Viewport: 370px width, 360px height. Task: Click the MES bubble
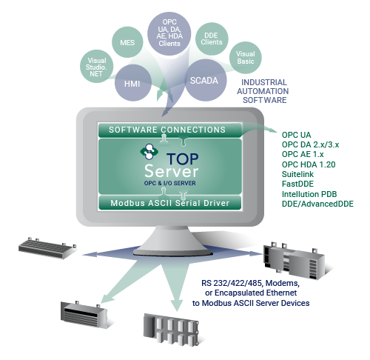(x=127, y=42)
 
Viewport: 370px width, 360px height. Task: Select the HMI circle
(x=133, y=83)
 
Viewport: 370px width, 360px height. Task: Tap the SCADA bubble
(x=206, y=80)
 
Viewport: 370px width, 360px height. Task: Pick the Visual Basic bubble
(x=246, y=58)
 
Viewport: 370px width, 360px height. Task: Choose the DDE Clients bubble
(x=212, y=39)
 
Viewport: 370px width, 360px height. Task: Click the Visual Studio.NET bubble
(x=97, y=66)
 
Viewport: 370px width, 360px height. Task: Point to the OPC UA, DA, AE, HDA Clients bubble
(x=169, y=33)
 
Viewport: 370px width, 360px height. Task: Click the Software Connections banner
(x=169, y=130)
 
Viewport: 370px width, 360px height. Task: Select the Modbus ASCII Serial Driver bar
(x=169, y=203)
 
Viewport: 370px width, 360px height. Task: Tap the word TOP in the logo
(x=183, y=159)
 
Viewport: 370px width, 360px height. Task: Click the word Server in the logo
(x=172, y=171)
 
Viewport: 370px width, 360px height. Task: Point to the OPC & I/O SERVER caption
(x=170, y=183)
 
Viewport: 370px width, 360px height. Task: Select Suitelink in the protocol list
(x=297, y=174)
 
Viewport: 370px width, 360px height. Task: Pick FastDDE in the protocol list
(x=297, y=184)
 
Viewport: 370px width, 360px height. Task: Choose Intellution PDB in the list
(x=309, y=194)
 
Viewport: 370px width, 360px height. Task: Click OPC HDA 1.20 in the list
(x=309, y=164)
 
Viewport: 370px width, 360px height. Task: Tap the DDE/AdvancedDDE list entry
(x=317, y=204)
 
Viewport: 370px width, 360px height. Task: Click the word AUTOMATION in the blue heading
(x=263, y=91)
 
